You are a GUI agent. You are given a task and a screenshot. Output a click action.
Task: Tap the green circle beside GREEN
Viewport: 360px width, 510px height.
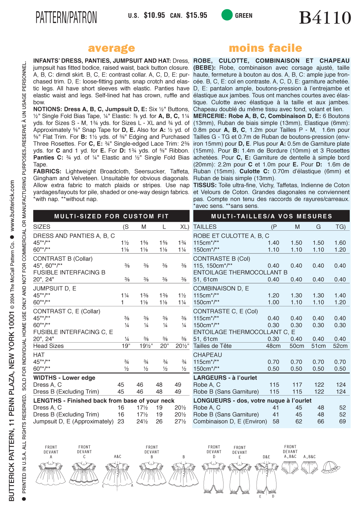pyautogui.click(x=227, y=15)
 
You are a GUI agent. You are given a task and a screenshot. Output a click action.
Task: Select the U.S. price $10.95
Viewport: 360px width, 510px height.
pyautogui.click(x=154, y=15)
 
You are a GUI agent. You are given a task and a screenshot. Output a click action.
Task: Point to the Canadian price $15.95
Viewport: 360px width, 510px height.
pyautogui.click(x=197, y=15)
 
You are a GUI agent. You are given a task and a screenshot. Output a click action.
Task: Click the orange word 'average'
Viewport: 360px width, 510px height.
pyautogui.click(x=111, y=48)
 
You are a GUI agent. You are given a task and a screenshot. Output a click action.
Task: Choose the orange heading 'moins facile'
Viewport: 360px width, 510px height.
pyautogui.click(x=265, y=48)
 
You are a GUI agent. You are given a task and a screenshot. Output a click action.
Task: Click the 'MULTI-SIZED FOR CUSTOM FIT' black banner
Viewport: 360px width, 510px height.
pyautogui.click(x=111, y=216)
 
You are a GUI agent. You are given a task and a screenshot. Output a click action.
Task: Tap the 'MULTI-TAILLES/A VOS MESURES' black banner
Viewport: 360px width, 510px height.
pyautogui.click(x=272, y=216)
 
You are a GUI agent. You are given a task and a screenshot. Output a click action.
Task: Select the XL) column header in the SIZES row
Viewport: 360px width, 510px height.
pyautogui.click(x=184, y=227)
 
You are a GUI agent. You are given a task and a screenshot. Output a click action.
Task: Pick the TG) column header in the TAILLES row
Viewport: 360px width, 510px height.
pyautogui.click(x=340, y=227)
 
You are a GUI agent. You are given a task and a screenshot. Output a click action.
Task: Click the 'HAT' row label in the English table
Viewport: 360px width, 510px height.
pyautogui.click(x=39, y=355)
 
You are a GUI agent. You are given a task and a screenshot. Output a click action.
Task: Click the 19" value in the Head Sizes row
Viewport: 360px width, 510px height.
pyautogui.click(x=126, y=346)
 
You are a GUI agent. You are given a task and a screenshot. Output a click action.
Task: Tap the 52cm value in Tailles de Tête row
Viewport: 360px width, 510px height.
pyautogui.click(x=340, y=346)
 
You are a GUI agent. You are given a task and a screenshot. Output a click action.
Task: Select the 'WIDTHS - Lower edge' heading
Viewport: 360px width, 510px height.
pyautogui.click(x=64, y=378)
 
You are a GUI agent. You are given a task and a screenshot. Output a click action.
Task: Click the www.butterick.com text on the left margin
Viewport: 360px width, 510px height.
pyautogui.click(x=12, y=206)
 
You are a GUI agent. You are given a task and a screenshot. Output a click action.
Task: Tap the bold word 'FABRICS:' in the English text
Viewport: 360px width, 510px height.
pyautogui.click(x=47, y=171)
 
